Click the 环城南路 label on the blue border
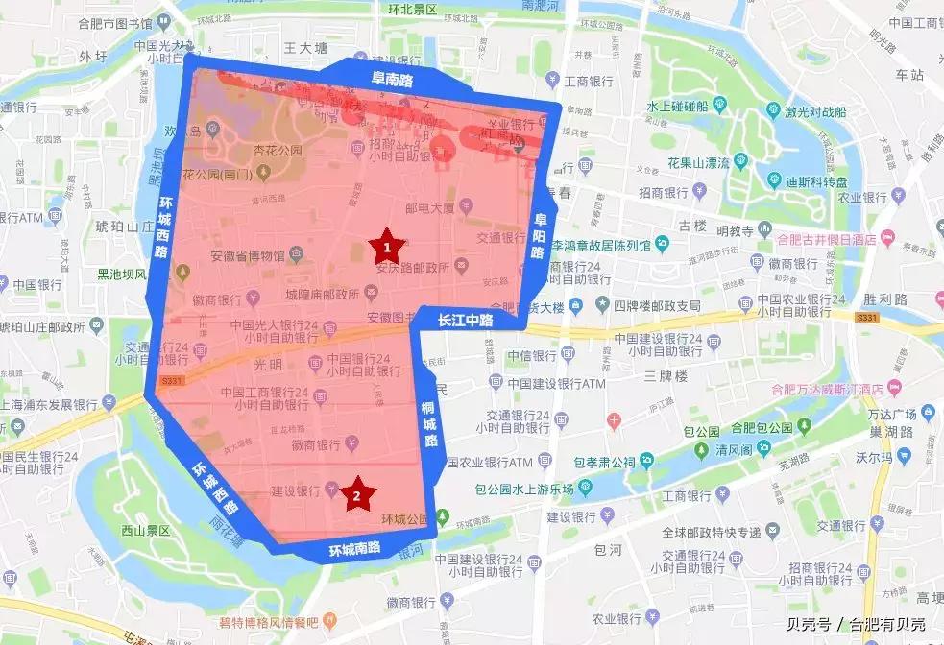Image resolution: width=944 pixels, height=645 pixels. pyautogui.click(x=354, y=550)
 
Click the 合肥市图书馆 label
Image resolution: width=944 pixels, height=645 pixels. pyautogui.click(x=119, y=22)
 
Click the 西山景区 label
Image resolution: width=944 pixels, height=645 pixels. pyautogui.click(x=145, y=530)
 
